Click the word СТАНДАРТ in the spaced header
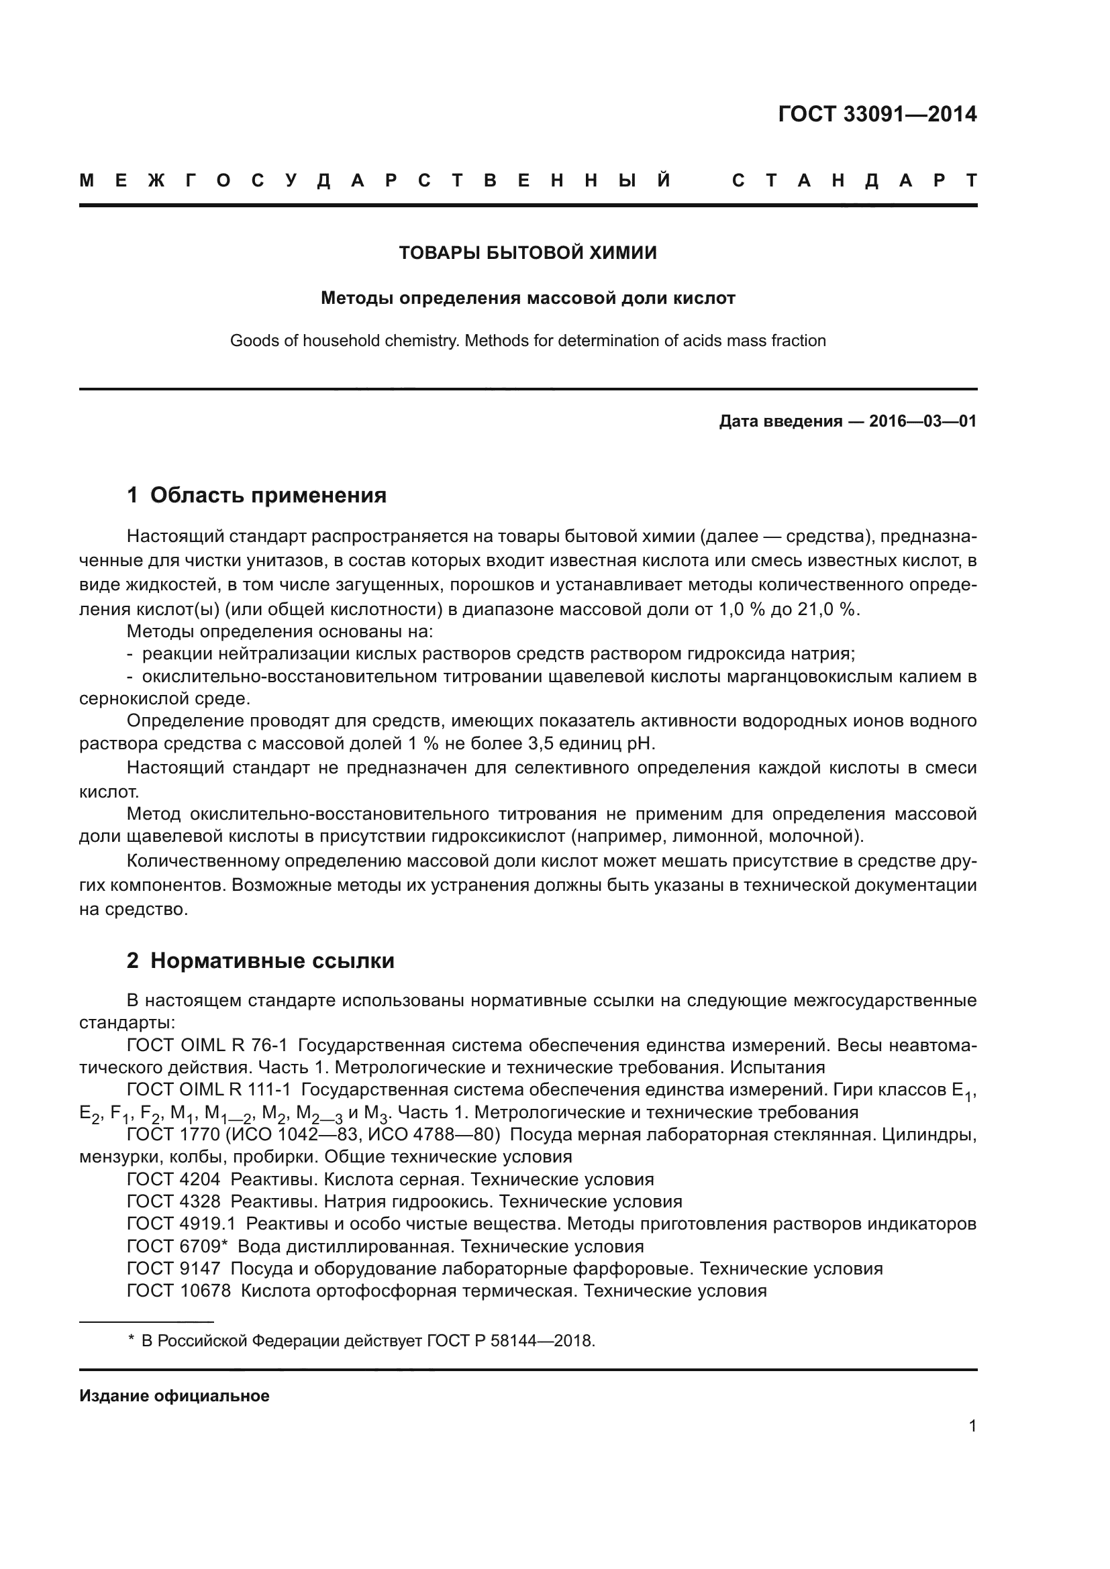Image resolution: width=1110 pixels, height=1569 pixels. click(854, 181)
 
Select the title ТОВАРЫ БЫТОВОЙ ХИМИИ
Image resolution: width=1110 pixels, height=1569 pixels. click(527, 253)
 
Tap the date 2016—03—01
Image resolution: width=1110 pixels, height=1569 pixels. click(922, 421)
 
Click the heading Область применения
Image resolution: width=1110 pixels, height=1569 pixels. click(268, 495)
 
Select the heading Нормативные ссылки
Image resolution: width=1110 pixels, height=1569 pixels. click(272, 961)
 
